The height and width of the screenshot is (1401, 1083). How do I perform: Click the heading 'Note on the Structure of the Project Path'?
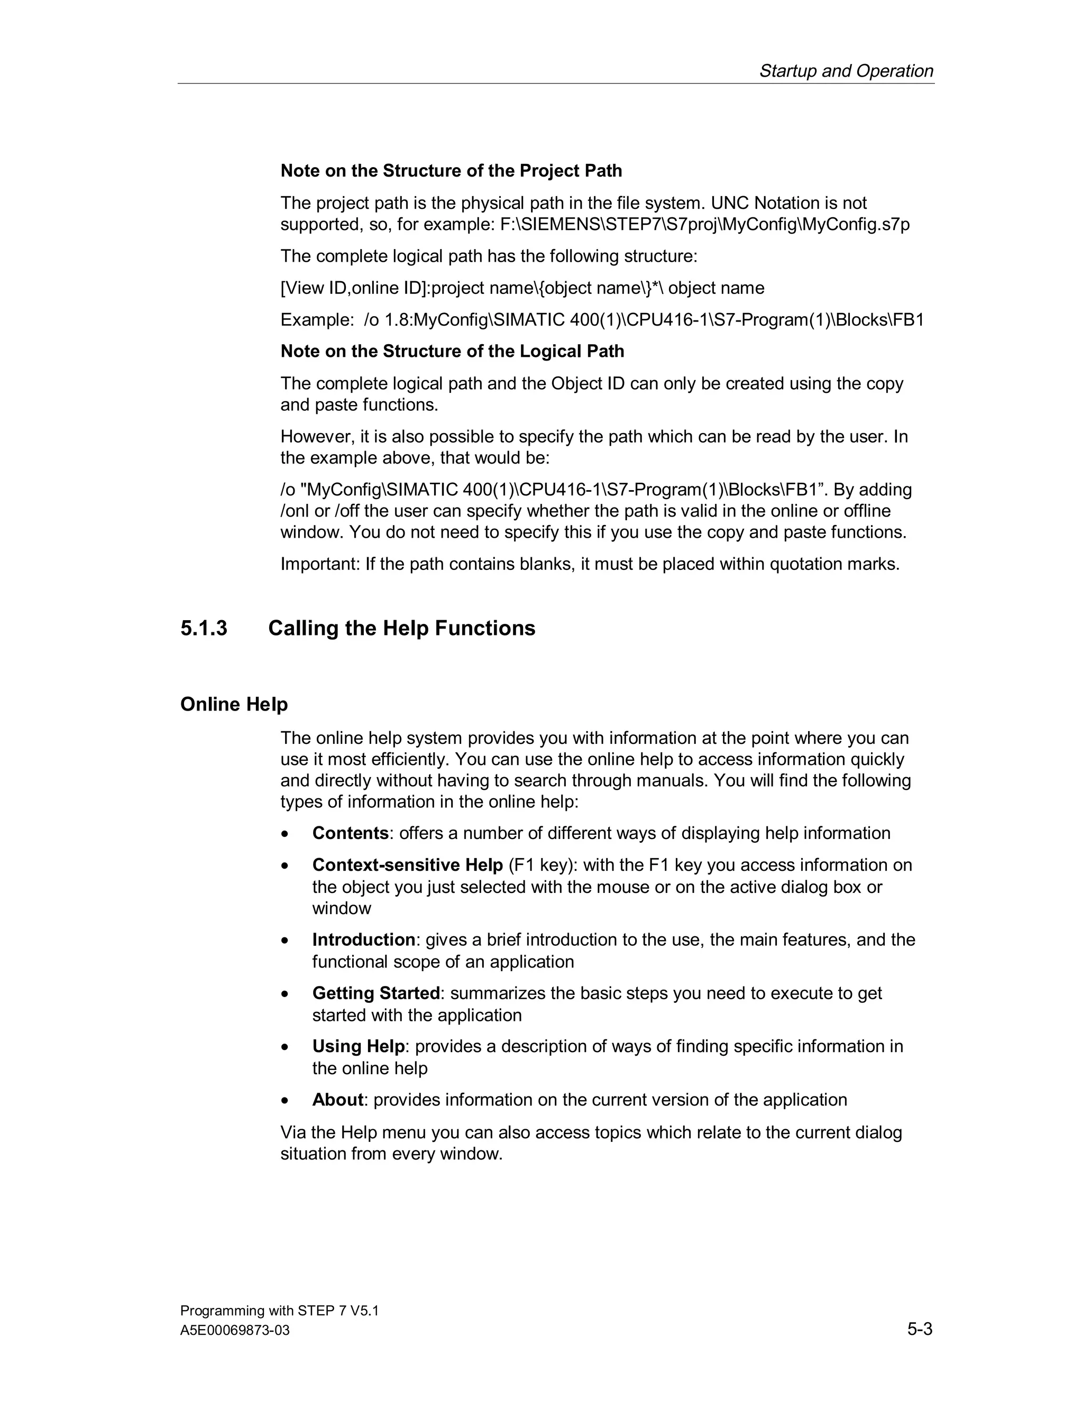click(451, 171)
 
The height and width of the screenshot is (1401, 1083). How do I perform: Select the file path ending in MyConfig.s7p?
click(704, 225)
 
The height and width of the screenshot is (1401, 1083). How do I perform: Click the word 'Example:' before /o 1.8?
click(317, 319)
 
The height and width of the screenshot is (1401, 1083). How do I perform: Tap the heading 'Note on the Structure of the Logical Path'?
click(452, 351)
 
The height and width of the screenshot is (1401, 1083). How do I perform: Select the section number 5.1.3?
click(204, 628)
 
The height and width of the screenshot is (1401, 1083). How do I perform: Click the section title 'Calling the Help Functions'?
click(402, 628)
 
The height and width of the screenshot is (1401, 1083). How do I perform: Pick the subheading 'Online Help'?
click(234, 704)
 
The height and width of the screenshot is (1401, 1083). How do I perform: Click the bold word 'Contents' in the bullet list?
click(350, 833)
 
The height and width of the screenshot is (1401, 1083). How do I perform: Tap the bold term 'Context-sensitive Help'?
click(407, 865)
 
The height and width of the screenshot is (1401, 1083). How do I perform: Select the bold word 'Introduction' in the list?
click(364, 940)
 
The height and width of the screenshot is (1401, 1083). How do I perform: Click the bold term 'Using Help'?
click(358, 1046)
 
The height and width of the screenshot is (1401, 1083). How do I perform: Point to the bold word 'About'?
click(337, 1100)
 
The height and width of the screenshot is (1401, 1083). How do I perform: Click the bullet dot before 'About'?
click(285, 1101)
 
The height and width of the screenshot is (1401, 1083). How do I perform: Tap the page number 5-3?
click(920, 1329)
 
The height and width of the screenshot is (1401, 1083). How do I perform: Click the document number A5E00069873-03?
click(235, 1331)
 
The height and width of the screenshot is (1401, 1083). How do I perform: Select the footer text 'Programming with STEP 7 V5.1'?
click(279, 1311)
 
